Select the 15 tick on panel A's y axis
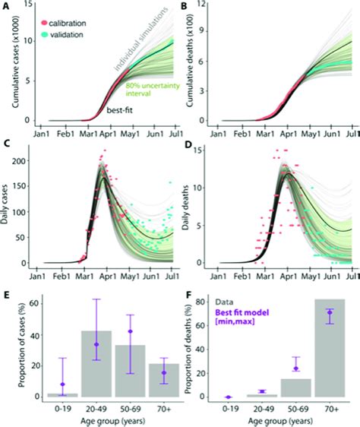pyautogui.click(x=28, y=8)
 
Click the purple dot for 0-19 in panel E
pyautogui.click(x=63, y=384)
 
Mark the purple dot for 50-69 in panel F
pyautogui.click(x=296, y=368)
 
